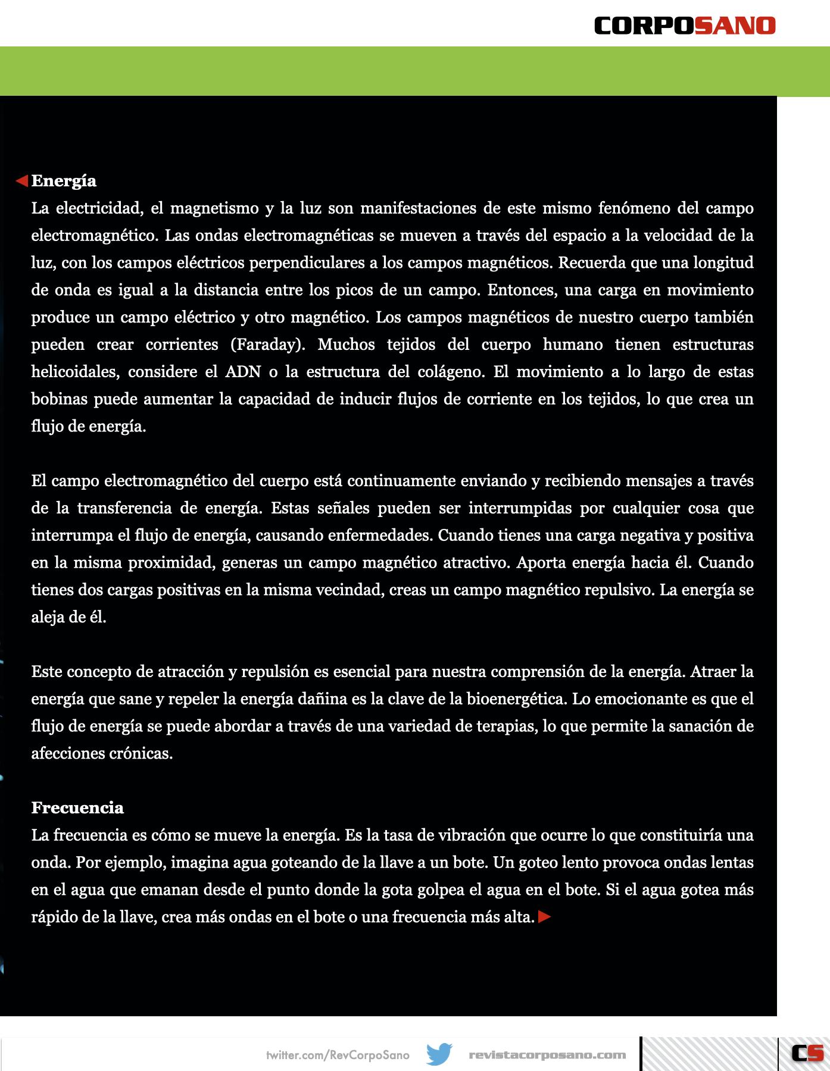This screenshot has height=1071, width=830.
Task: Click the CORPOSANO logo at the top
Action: coord(685,26)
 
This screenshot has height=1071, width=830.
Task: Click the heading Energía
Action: coord(64,181)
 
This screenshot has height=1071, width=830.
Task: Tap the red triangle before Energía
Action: coord(22,180)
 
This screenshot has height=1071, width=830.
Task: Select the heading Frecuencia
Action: coord(77,807)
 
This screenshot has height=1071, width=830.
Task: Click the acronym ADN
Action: coord(243,372)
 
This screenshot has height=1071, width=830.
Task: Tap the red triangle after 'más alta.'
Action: coord(544,917)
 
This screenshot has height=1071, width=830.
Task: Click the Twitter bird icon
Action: coord(439,1054)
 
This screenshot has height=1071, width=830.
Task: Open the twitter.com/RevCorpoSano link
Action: coord(338,1055)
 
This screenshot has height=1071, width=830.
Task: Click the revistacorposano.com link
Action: coord(547,1055)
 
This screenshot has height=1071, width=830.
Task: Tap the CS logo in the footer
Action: coord(807,1053)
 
